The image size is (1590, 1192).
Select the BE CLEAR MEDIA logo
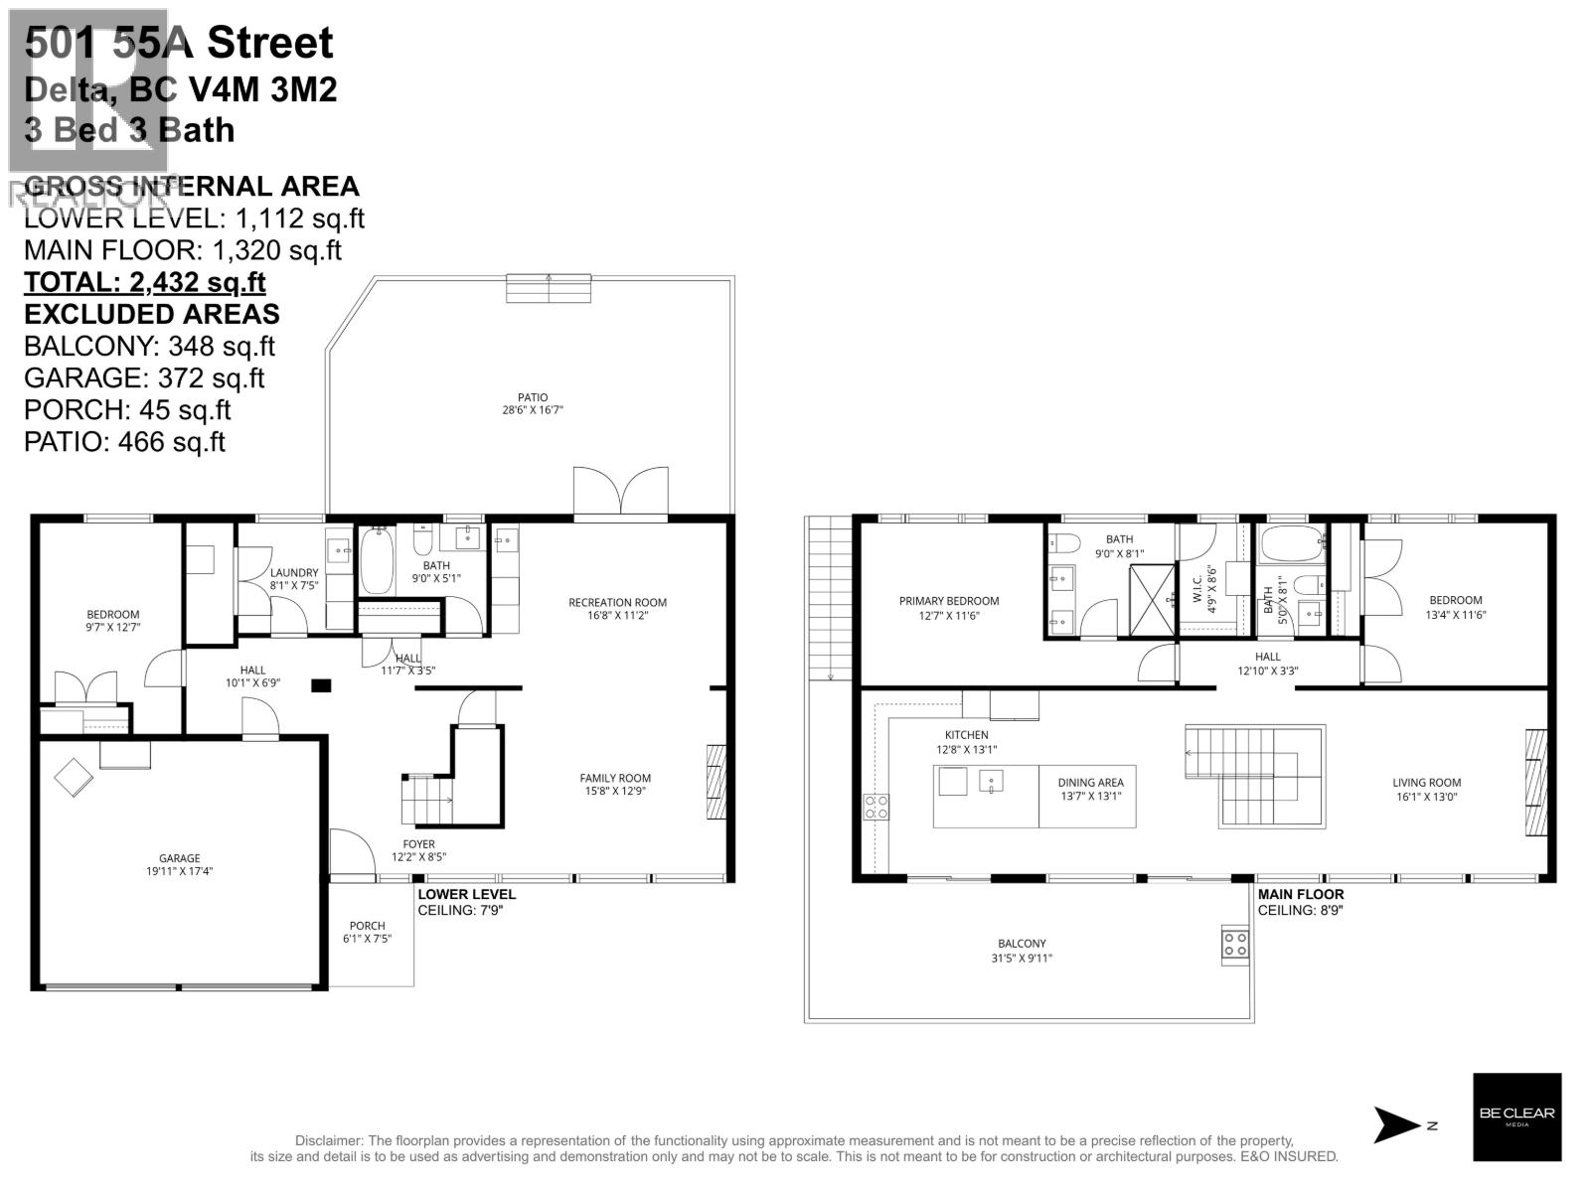tap(1516, 1116)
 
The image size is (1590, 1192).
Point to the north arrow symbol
tap(1399, 1125)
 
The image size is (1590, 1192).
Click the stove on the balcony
tap(1235, 944)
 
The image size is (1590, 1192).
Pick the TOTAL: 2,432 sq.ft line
tap(145, 282)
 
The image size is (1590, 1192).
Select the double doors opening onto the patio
tap(621, 492)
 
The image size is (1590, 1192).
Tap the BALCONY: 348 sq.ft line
tap(149, 346)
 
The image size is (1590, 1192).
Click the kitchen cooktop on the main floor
tap(876, 807)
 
